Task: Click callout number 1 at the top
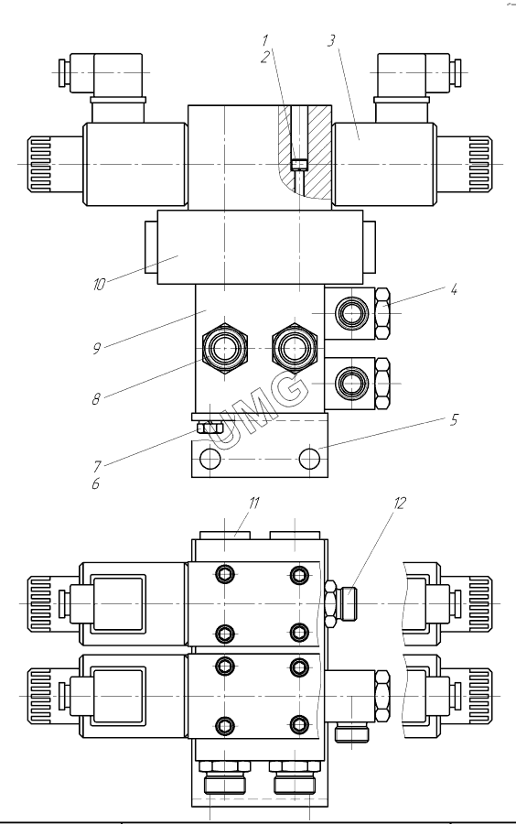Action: tap(265, 40)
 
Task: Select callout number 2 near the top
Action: tap(264, 57)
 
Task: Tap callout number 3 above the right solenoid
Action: tap(330, 41)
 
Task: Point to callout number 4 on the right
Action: tap(454, 289)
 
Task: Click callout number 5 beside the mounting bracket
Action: tap(454, 419)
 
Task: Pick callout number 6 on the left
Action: tap(95, 483)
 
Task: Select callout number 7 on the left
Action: tap(97, 467)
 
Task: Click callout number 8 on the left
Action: tap(96, 399)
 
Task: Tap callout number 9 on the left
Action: tap(97, 349)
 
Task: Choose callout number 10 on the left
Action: tap(99, 285)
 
